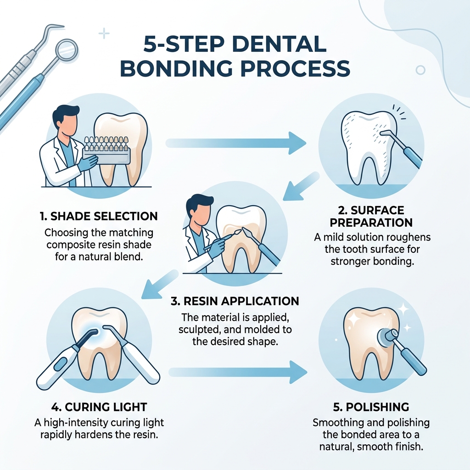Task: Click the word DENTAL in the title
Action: tap(275, 45)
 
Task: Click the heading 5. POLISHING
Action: tap(371, 407)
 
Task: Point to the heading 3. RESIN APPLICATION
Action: tap(235, 301)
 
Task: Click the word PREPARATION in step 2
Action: tap(371, 222)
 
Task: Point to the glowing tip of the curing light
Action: tap(94, 332)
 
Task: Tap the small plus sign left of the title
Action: tap(105, 34)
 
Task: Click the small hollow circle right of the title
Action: tap(420, 70)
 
